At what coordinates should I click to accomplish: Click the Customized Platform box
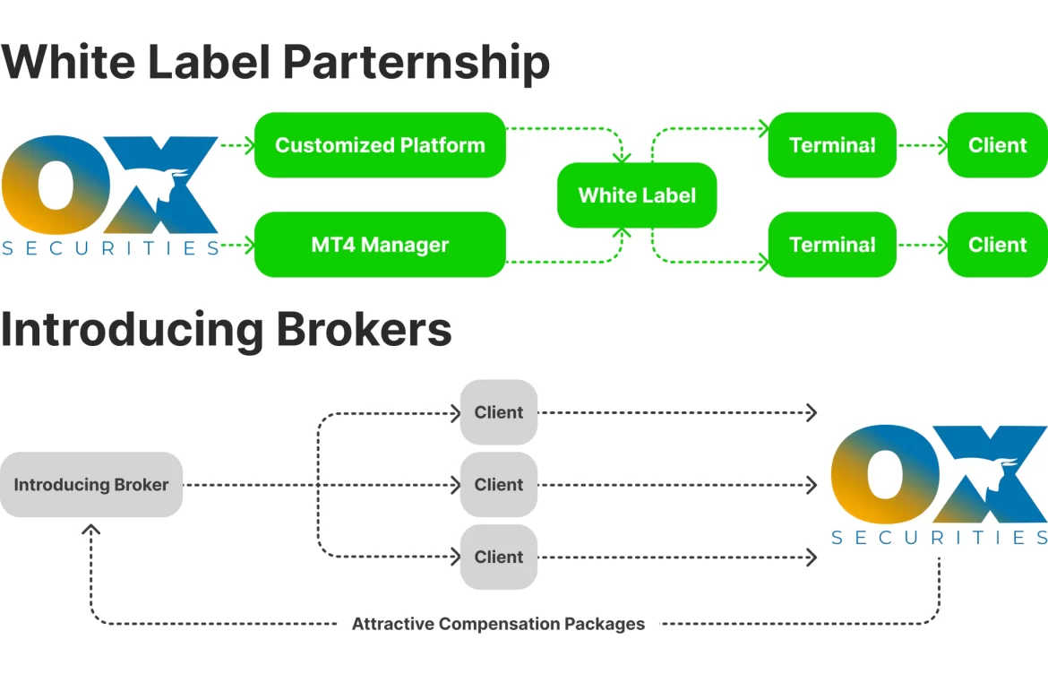pos(380,145)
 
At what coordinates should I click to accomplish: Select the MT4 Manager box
pos(380,245)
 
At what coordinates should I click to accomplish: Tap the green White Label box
pos(637,195)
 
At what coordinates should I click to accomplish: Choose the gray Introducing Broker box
pos(91,485)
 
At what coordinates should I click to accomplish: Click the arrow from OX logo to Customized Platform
pos(236,144)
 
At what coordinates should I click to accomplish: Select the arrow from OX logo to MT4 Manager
pos(236,244)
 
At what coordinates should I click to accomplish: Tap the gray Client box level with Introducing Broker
pos(499,485)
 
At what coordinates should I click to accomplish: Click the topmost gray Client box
pos(499,412)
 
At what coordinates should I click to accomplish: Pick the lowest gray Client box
pos(499,557)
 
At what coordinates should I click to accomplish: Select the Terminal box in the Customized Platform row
pos(832,145)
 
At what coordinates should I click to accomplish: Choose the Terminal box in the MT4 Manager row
pos(832,245)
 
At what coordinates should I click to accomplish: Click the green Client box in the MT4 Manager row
pos(997,245)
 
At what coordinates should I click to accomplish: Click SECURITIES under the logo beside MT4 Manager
pos(110,248)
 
